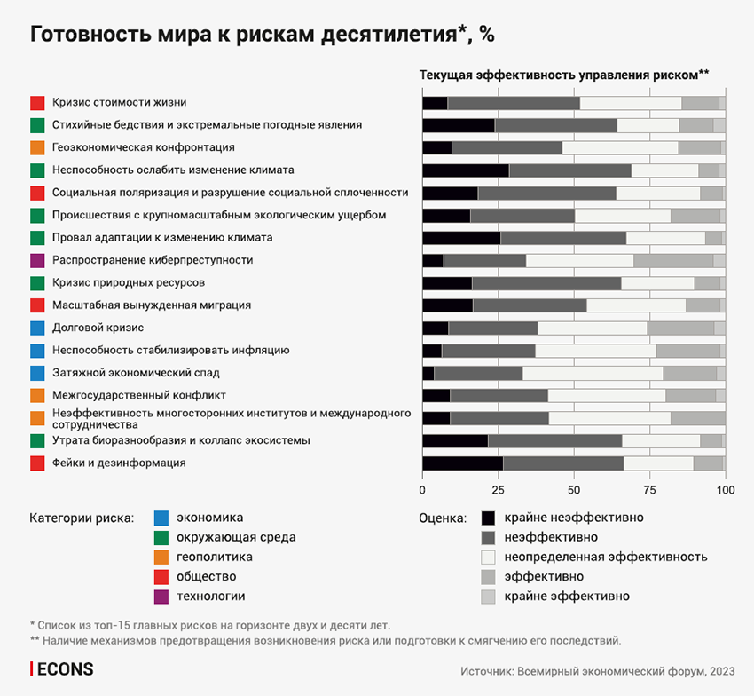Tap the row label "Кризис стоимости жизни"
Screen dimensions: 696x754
pyautogui.click(x=119, y=102)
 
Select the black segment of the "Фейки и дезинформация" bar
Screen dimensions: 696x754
pyautogui.click(x=462, y=463)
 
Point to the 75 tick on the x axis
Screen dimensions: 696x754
pyautogui.click(x=650, y=488)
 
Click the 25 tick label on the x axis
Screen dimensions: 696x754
pyautogui.click(x=498, y=488)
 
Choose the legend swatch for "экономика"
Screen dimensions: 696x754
pyautogui.click(x=161, y=518)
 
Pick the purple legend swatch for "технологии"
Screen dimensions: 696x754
pyautogui.click(x=161, y=597)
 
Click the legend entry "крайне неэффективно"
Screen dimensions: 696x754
pyautogui.click(x=573, y=518)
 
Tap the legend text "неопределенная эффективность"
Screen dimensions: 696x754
pyautogui.click(x=605, y=557)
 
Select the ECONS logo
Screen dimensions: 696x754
pyautogui.click(x=61, y=669)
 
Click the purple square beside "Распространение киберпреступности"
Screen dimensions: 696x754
pyautogui.click(x=37, y=260)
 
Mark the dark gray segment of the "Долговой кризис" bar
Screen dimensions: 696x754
pyautogui.click(x=493, y=328)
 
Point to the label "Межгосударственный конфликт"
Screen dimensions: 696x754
pyautogui.click(x=138, y=395)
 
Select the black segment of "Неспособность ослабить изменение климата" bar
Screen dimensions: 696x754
pyautogui.click(x=466, y=170)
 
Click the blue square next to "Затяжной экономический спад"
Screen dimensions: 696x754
pyautogui.click(x=37, y=373)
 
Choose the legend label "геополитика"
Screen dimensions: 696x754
pyautogui.click(x=214, y=557)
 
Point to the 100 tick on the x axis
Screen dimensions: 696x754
pyautogui.click(x=726, y=488)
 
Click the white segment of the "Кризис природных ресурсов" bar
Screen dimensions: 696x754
pyautogui.click(x=657, y=283)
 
